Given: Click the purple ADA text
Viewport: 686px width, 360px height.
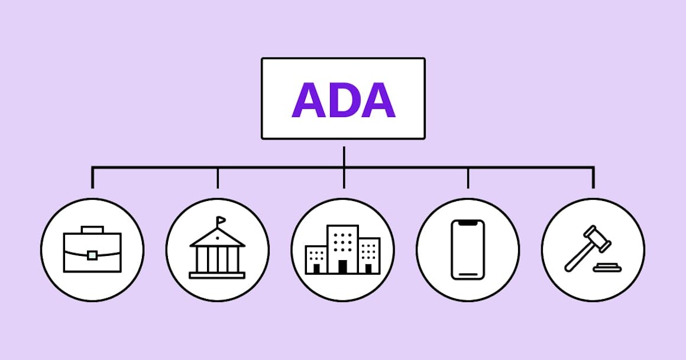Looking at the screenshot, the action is tap(344, 100).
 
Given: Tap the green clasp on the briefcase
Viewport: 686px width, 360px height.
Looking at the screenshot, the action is tap(92, 255).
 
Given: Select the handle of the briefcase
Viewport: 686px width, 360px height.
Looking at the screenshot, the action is tap(92, 229).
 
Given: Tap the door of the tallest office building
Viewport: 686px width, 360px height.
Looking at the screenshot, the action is tap(342, 267).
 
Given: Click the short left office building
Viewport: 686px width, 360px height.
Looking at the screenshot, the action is tap(316, 260).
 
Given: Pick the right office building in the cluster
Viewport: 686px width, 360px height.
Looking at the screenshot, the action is tap(369, 256).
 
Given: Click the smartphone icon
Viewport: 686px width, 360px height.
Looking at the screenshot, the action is tap(468, 249).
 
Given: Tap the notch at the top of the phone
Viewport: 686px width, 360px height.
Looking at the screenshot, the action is tap(468, 223).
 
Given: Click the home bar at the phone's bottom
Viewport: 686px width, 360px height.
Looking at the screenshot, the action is tap(468, 275).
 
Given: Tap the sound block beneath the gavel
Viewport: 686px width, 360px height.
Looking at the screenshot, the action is tap(607, 267).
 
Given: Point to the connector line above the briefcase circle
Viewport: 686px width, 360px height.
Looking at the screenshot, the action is tap(92, 177).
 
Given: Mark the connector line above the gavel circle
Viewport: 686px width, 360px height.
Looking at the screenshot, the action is tap(593, 177).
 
